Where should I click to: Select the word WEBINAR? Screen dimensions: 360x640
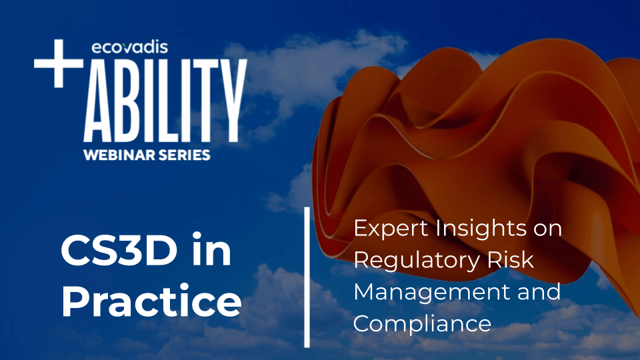tap(116, 155)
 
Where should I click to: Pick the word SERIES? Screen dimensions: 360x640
tap(182, 155)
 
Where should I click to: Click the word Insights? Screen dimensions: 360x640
tap(473, 228)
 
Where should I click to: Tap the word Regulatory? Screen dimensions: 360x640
tap(416, 261)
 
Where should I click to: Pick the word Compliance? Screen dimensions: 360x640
tap(422, 325)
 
